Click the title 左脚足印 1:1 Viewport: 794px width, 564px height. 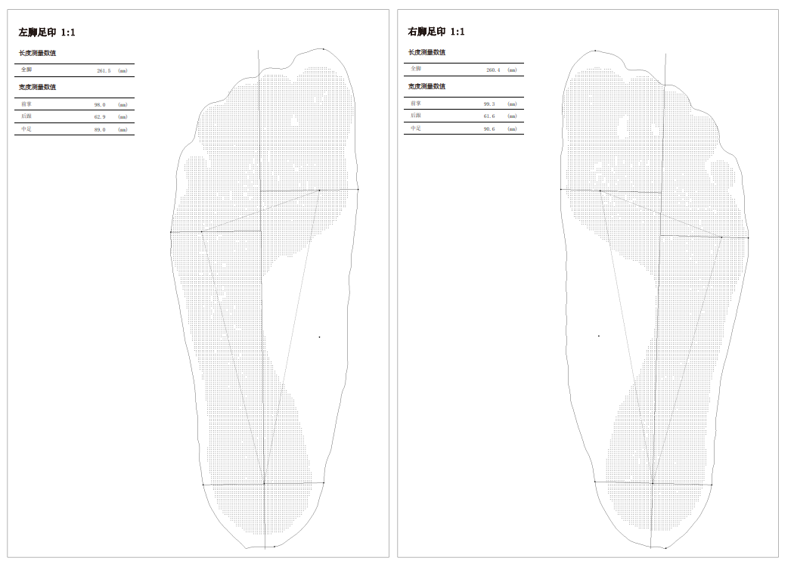[x=47, y=33]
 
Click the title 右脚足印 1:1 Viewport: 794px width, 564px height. [x=436, y=32]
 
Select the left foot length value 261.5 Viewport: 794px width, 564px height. [x=104, y=70]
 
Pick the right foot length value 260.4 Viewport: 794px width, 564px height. [x=493, y=70]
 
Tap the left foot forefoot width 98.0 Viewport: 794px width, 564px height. [x=100, y=104]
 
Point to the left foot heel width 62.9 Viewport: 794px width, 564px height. [x=100, y=117]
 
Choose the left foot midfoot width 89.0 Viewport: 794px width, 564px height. [x=100, y=129]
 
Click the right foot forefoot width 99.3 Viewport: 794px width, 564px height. [x=489, y=104]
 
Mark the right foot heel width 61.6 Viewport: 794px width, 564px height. [x=489, y=116]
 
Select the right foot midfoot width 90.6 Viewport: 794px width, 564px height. [x=489, y=129]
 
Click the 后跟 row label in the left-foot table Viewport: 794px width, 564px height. [x=26, y=116]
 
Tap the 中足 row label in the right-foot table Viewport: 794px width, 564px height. [x=416, y=129]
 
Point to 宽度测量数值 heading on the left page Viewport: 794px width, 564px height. [x=37, y=87]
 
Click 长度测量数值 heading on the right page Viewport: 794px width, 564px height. [x=426, y=52]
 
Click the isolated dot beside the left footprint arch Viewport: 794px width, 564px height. [x=319, y=337]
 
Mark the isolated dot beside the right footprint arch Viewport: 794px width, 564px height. [x=599, y=336]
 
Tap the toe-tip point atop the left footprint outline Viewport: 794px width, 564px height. [x=324, y=49]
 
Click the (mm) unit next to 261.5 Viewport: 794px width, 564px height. [x=123, y=70]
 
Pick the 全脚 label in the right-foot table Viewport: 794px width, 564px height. [x=416, y=69]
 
